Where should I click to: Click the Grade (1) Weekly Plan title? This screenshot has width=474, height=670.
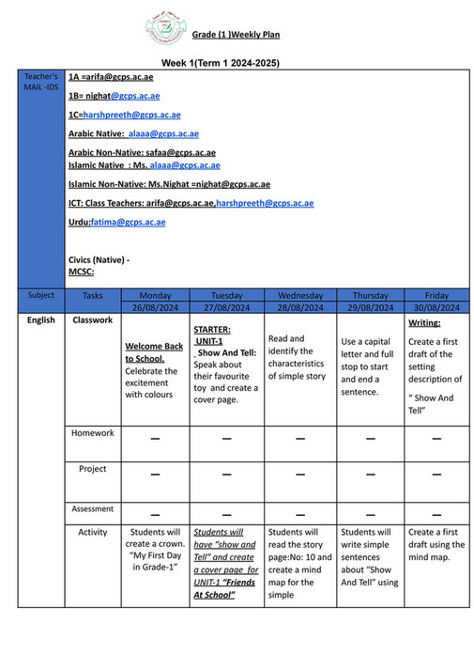tap(237, 35)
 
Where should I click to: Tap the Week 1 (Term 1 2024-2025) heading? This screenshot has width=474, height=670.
tap(220, 63)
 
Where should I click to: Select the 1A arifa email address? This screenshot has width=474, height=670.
tap(111, 76)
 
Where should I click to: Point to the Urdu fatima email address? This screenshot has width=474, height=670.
tap(117, 222)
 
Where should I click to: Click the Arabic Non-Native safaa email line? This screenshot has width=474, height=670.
tap(142, 152)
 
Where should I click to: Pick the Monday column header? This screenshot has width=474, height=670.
tap(154, 295)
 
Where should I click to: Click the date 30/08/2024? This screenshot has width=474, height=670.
tap(436, 307)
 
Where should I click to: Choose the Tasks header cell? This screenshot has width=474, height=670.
tap(92, 295)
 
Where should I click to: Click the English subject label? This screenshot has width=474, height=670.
tap(40, 320)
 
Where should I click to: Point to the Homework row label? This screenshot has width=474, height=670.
tap(93, 433)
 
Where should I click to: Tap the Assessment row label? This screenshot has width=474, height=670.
tap(93, 509)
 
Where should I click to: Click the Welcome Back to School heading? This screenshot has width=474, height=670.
tap(154, 352)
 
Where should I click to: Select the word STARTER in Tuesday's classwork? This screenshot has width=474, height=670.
tap(212, 330)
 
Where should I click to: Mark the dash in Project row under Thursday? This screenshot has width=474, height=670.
tap(368, 475)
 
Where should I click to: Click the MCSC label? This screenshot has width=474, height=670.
tap(81, 272)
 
